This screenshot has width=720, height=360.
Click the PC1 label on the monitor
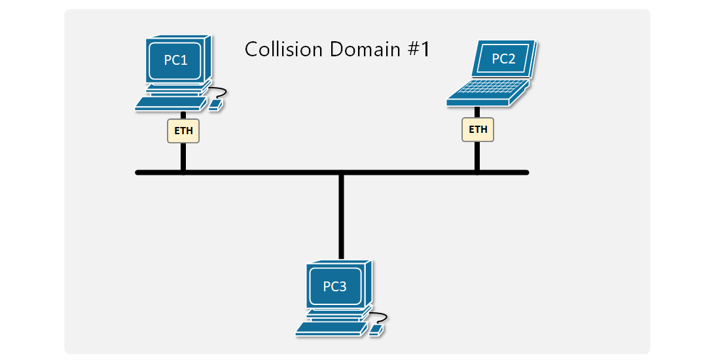tap(175, 60)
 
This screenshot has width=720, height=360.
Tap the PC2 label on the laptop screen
tap(503, 59)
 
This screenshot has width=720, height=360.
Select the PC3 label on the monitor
tap(334, 286)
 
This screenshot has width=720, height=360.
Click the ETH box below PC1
tap(183, 131)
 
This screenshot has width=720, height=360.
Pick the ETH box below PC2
tap(478, 129)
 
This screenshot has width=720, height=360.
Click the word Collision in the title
tap(283, 49)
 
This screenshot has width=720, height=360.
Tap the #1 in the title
tap(419, 49)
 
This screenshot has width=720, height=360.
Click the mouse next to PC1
tap(215, 104)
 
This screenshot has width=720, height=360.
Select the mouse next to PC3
tap(376, 330)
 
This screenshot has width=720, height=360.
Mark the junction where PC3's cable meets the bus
tap(341, 173)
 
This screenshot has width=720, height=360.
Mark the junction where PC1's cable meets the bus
tap(183, 173)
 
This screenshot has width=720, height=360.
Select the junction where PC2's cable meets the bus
tap(477, 173)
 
